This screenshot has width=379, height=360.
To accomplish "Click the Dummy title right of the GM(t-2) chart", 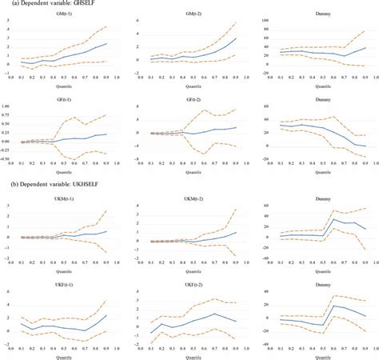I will (320, 14).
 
